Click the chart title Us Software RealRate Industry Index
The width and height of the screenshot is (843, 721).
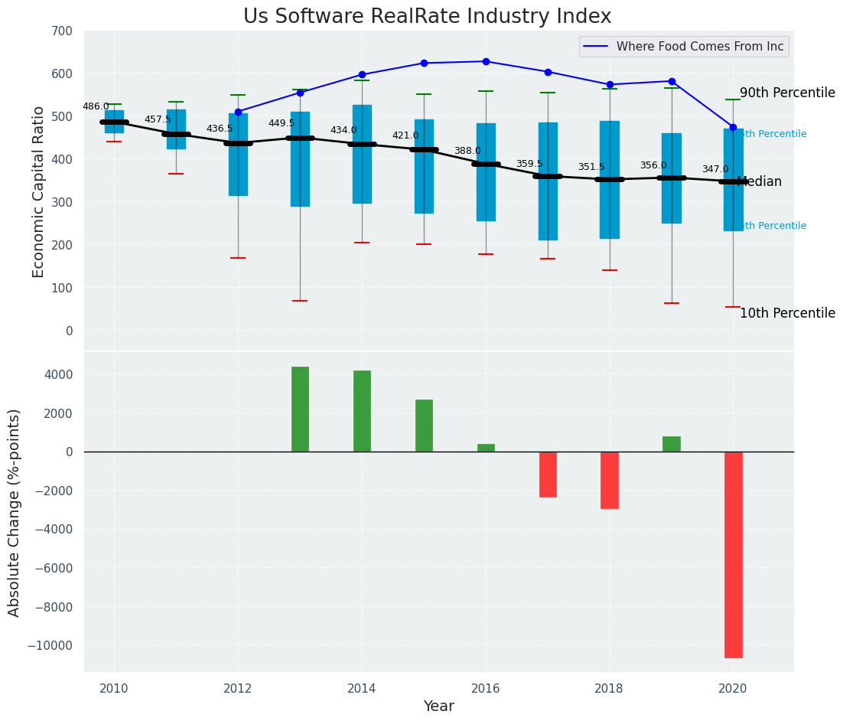(427, 17)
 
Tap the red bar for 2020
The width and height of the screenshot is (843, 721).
(733, 554)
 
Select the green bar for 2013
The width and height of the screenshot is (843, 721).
(300, 409)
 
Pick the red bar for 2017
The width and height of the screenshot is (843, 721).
(548, 475)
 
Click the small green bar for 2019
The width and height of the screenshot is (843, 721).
(672, 444)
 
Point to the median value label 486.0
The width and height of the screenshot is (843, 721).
(96, 106)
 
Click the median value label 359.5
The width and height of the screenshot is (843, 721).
(529, 164)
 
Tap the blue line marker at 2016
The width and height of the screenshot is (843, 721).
(486, 61)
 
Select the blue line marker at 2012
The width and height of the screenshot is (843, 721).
(238, 112)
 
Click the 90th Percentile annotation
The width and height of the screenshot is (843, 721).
(787, 93)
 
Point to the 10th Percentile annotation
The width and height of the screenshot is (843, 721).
(787, 313)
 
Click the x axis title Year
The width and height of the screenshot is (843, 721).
(438, 706)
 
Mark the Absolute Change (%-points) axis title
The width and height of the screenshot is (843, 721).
(15, 512)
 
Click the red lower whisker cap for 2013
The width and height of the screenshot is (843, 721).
(300, 301)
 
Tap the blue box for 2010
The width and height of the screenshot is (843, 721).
(114, 122)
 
